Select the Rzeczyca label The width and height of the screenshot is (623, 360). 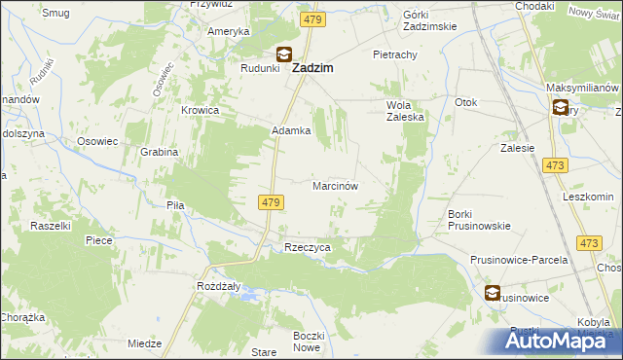[x=308, y=248]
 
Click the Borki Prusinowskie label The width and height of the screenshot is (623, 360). [x=479, y=219]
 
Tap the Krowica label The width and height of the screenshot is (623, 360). [x=200, y=111]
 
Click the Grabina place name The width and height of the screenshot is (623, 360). [x=159, y=152]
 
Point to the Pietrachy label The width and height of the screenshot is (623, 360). [x=394, y=55]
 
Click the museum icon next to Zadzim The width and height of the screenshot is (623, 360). [x=284, y=56]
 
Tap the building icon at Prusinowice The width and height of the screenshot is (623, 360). [x=493, y=292]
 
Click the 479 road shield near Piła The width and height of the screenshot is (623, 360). [x=272, y=202]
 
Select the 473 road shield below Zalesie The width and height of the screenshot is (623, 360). [x=556, y=166]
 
